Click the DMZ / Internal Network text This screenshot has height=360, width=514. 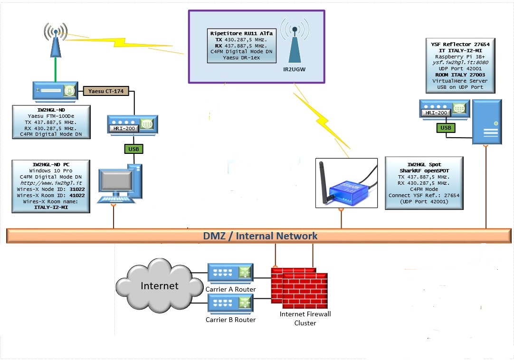pyautogui.click(x=260, y=236)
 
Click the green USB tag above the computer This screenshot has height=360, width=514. pyautogui.click(x=133, y=149)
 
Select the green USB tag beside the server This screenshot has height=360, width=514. pyautogui.click(x=445, y=128)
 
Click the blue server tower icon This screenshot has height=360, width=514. pyautogui.click(x=486, y=122)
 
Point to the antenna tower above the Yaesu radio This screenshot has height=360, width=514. pyautogui.click(x=56, y=40)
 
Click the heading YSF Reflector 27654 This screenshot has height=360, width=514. pyautogui.click(x=460, y=44)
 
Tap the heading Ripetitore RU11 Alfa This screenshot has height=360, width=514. pyautogui.click(x=241, y=33)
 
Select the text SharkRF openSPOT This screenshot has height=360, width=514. pyautogui.click(x=424, y=171)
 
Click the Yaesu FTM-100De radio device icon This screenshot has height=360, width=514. pyautogui.click(x=55, y=90)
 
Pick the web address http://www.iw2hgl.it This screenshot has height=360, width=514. pyautogui.click(x=49, y=183)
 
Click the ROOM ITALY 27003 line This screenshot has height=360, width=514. pyautogui.click(x=460, y=75)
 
